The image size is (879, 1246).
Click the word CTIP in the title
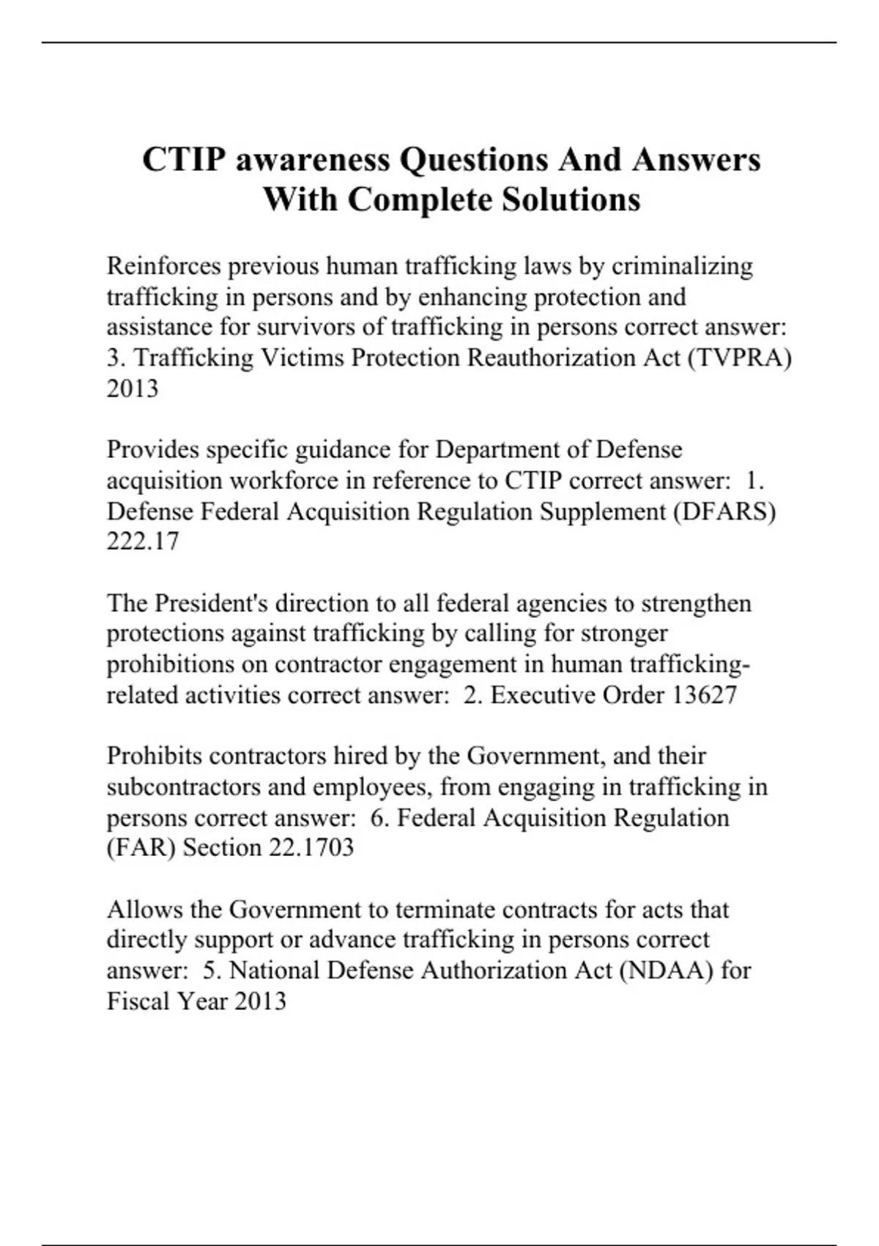click(x=183, y=160)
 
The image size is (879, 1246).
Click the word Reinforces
click(x=163, y=265)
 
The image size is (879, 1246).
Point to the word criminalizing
click(x=682, y=265)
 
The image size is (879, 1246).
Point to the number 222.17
click(x=143, y=542)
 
